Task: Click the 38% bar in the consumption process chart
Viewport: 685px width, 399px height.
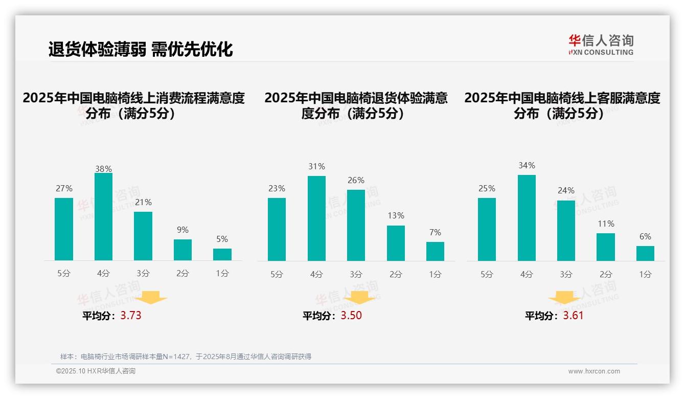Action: [103, 217]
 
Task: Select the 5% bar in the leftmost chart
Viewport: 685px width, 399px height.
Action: [222, 255]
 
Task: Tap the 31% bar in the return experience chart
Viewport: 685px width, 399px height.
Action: [316, 218]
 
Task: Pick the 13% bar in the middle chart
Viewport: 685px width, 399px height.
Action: [396, 243]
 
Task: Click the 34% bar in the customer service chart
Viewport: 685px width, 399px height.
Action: [527, 218]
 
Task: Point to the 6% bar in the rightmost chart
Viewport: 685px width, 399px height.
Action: [645, 253]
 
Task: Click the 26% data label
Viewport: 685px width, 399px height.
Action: [356, 181]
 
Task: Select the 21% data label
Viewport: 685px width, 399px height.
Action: [143, 203]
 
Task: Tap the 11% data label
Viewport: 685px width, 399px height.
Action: [606, 224]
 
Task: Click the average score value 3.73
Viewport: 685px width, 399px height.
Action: [131, 316]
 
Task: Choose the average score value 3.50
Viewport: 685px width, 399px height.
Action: [351, 316]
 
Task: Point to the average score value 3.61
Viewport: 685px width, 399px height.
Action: [573, 316]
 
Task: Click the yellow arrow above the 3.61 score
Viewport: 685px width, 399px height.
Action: [564, 299]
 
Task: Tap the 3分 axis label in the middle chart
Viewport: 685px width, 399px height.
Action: [356, 275]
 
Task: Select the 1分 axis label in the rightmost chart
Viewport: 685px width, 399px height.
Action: [645, 275]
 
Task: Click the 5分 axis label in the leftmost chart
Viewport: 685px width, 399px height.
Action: [64, 274]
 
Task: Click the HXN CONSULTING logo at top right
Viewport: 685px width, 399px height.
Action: [601, 45]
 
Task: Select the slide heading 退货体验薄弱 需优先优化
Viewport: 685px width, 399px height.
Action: [141, 49]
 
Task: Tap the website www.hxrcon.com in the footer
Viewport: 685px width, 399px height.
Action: [594, 371]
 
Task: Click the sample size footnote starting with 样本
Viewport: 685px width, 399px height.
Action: [186, 357]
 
